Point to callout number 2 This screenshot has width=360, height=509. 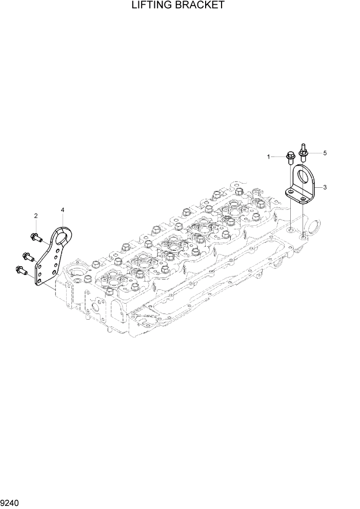pos(36,216)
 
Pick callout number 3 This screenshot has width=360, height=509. pos(325,187)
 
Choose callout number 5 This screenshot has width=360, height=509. pos(325,153)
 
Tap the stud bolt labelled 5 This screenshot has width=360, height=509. pos(304,150)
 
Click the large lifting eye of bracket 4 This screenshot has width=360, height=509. pos(63,237)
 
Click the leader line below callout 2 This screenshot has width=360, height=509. pos(36,226)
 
